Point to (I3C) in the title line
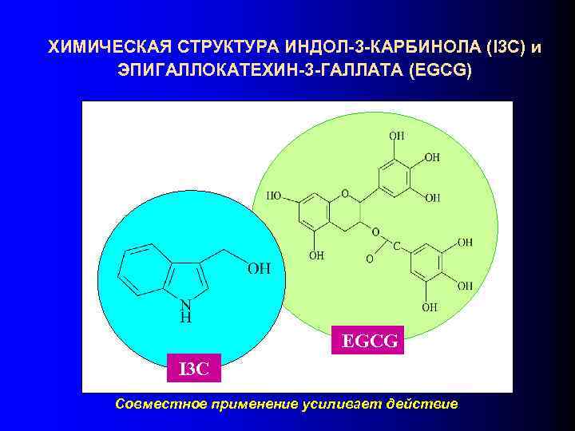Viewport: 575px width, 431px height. (496, 47)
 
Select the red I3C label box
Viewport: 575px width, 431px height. (192, 369)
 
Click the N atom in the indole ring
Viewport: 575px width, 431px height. (185, 304)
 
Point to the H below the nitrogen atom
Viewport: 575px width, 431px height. (185, 317)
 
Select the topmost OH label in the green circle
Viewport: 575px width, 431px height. (396, 136)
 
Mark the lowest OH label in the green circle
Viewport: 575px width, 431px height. (430, 306)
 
